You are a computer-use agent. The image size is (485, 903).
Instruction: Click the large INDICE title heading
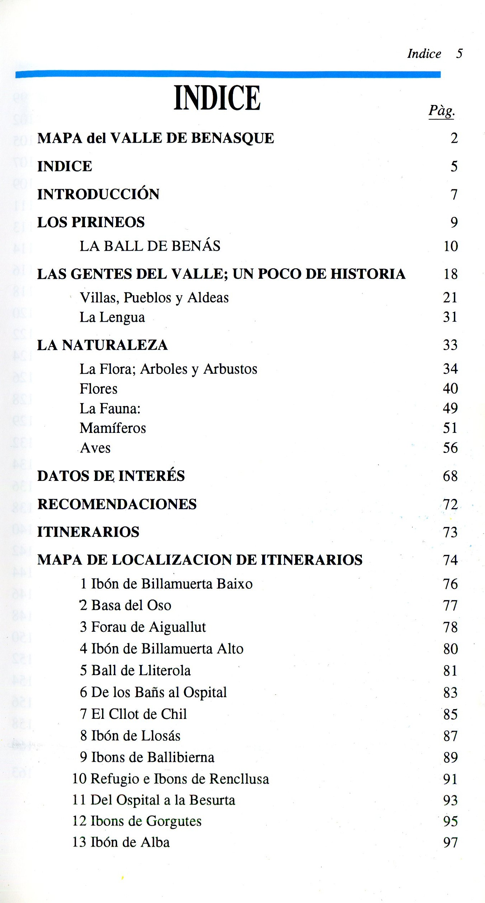point(217,98)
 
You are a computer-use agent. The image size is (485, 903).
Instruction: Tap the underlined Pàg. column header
point(442,111)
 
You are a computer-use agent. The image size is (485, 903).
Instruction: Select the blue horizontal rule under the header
point(228,74)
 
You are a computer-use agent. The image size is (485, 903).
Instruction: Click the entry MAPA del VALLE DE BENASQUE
point(155,138)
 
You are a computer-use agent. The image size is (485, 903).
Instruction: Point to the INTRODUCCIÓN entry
point(98,194)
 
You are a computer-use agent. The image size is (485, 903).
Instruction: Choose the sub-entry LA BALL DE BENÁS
point(150,246)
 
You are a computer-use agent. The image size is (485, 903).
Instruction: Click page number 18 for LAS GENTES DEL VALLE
point(450,274)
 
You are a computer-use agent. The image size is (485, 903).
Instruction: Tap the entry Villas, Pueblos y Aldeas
point(154,298)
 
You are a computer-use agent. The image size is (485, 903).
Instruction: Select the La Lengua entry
point(112,317)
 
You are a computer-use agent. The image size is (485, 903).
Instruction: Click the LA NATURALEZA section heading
point(102,345)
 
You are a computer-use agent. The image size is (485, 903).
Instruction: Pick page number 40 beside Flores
point(450,388)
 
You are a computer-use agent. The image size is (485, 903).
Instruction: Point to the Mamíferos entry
point(113,428)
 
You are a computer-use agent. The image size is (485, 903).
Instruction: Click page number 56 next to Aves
point(450,448)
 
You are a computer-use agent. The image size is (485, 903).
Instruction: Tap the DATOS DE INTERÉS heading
point(111,476)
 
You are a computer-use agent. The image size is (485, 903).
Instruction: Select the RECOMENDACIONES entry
point(117,504)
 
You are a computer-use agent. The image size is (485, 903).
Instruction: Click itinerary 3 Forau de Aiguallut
point(143,627)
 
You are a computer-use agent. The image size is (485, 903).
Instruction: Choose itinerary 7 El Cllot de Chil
point(133,714)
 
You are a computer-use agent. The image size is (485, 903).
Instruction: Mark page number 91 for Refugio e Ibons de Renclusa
point(450,779)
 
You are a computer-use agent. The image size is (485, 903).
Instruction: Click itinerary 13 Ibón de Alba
point(121,842)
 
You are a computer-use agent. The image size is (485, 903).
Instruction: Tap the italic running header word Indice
point(424,54)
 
